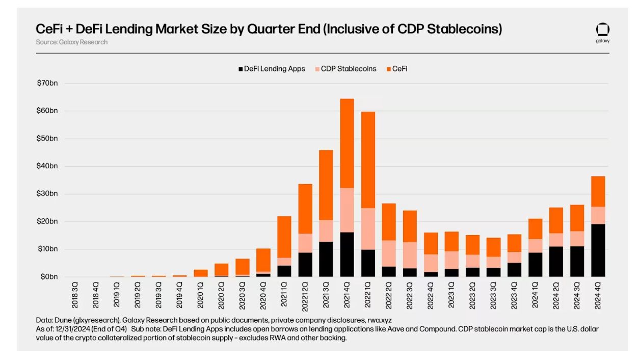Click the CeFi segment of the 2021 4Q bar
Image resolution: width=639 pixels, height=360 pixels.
(347, 143)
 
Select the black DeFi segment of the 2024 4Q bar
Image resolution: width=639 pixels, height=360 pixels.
(598, 250)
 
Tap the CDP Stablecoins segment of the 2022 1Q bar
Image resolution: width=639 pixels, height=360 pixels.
(368, 229)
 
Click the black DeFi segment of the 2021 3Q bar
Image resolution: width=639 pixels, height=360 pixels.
(326, 259)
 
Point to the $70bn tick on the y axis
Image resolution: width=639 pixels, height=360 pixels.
(47, 83)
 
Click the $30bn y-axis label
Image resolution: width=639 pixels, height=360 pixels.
(47, 194)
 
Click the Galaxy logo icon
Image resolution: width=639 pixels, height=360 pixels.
(602, 30)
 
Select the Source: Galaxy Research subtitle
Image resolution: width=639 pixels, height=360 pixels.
(72, 42)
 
